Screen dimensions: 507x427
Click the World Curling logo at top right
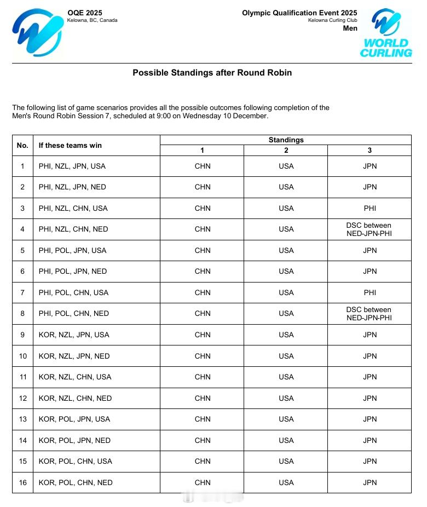(386, 33)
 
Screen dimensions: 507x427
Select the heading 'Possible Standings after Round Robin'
(212, 72)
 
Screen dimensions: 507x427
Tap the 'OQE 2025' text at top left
(84, 13)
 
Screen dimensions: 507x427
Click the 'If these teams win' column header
(70, 145)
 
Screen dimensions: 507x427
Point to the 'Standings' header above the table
(286, 140)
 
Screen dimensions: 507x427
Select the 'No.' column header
(22, 145)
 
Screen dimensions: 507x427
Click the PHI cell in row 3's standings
(370, 208)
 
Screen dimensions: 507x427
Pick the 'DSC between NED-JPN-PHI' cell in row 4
(370, 229)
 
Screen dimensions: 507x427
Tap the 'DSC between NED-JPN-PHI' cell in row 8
(370, 314)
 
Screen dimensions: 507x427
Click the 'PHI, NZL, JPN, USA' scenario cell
(72, 166)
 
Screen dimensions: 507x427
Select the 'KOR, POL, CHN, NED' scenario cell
(76, 482)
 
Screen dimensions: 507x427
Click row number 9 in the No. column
(22, 335)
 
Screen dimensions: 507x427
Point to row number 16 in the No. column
(22, 482)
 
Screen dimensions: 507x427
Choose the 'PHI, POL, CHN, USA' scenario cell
(73, 292)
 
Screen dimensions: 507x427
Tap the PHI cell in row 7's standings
(370, 292)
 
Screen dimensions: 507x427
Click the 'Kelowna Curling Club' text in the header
(332, 20)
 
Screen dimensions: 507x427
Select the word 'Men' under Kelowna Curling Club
(350, 28)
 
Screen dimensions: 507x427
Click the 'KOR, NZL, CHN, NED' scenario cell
(75, 398)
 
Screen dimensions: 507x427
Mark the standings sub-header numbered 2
(286, 151)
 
